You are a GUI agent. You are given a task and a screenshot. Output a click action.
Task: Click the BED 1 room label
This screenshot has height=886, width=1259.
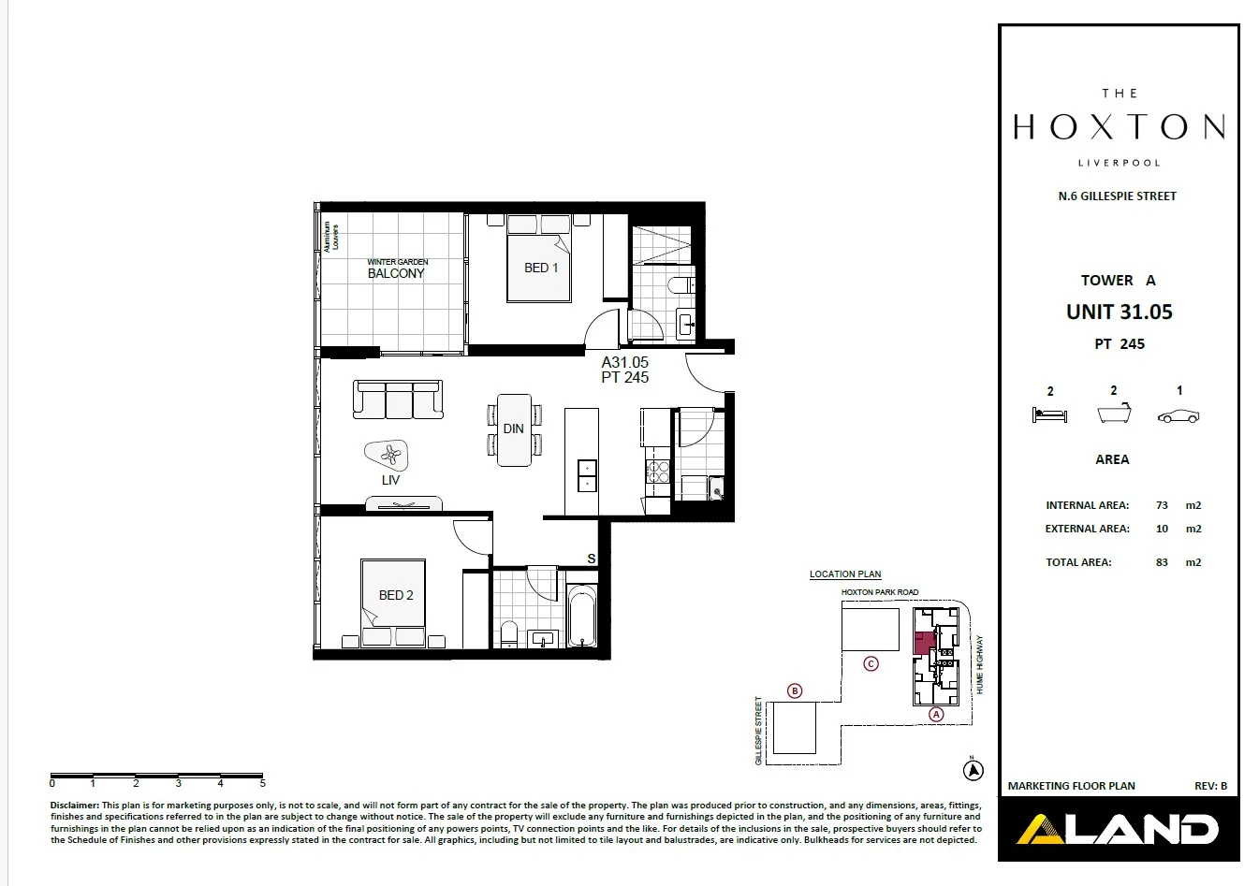541,268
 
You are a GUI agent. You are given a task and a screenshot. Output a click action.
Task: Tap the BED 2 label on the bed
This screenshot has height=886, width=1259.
396,595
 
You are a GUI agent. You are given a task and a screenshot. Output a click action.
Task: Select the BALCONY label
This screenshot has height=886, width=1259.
396,273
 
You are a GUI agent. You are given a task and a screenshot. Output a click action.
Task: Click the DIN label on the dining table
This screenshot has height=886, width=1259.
514,428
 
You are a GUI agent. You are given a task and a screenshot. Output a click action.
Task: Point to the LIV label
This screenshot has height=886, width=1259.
390,480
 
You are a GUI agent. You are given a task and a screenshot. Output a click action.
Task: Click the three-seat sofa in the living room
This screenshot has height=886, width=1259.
398,399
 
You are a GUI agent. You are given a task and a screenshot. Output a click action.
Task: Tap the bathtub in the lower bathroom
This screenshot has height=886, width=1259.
582,616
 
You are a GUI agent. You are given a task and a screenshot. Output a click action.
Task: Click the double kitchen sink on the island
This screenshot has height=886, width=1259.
587,476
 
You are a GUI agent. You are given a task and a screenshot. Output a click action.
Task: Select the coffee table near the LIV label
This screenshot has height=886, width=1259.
388,456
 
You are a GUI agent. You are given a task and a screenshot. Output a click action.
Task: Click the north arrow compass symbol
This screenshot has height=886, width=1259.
974,770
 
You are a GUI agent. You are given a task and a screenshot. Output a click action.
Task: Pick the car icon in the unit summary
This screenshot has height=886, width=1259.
1178,416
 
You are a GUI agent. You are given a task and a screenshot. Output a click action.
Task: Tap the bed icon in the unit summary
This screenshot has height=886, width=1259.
1048,415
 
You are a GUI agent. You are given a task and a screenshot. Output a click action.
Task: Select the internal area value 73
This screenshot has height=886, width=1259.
1162,505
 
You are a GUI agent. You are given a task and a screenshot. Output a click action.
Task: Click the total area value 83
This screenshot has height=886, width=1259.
1162,562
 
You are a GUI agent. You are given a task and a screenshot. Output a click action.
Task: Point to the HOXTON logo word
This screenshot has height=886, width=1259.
1120,127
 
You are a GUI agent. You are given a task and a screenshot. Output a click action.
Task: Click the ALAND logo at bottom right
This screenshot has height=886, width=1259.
1119,829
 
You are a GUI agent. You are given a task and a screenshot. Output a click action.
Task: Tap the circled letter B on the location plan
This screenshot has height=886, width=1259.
795,691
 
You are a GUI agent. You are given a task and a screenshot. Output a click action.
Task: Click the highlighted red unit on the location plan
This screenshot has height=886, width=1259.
923,643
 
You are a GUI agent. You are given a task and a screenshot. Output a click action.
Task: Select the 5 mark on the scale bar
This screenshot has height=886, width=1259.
262,783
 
